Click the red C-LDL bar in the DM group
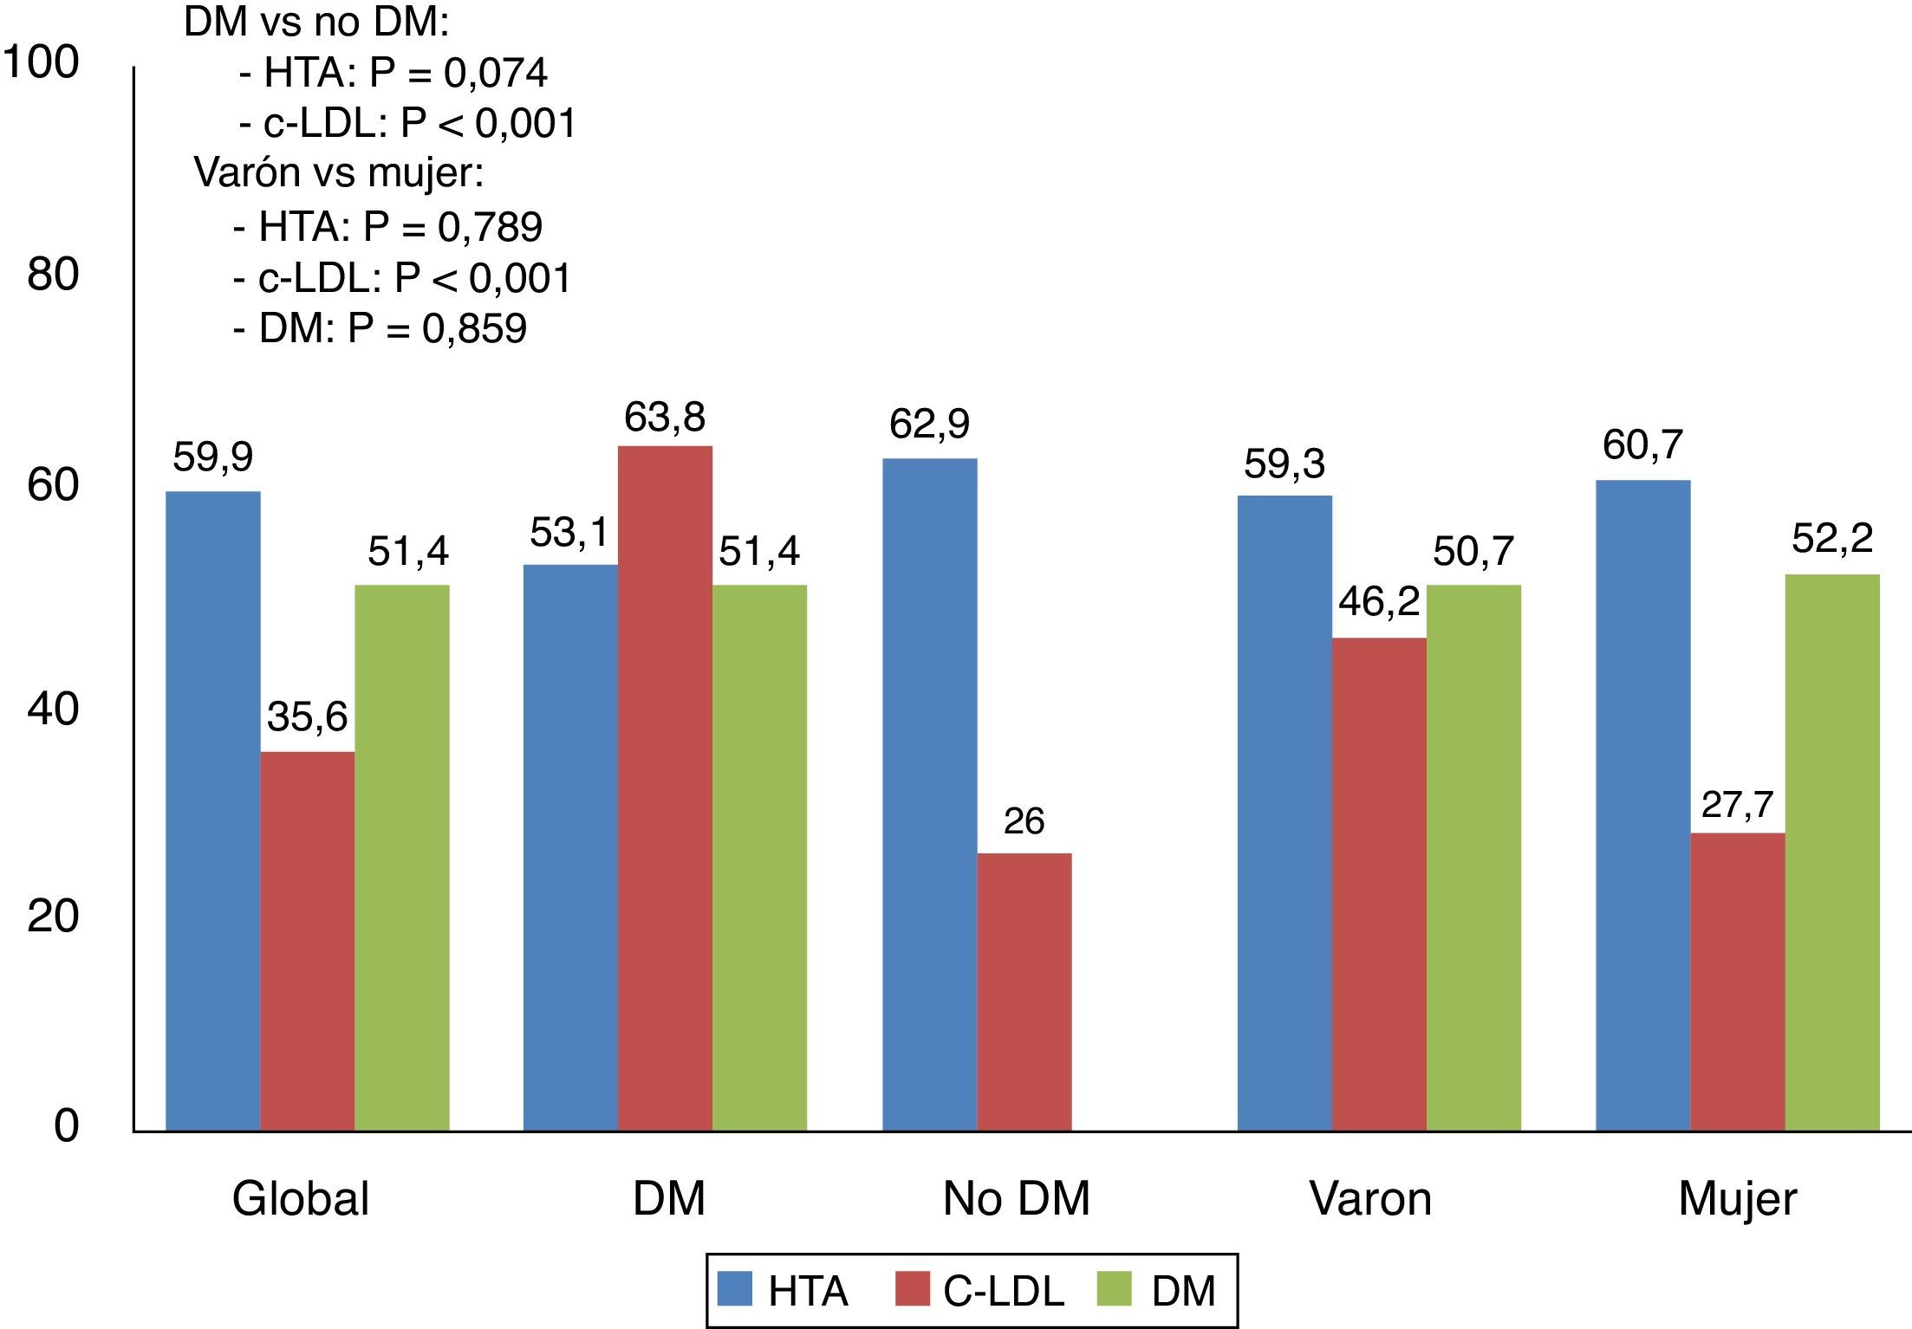coord(665,788)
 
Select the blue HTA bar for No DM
coord(929,794)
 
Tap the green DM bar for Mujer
coord(1832,853)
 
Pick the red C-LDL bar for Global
coord(307,941)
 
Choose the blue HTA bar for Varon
coord(1284,813)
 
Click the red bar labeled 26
coord(1024,992)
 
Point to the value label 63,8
coord(665,418)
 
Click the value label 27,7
coord(1737,805)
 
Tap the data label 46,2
coord(1379,601)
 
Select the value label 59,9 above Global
coord(212,457)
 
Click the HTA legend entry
coord(783,1291)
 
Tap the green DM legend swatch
coord(1114,1289)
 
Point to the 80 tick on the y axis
coord(53,275)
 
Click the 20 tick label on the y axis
coord(53,916)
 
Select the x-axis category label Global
coord(301,1200)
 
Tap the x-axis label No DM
coord(1016,1200)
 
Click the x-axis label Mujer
coord(1737,1200)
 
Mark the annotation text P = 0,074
coord(458,73)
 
